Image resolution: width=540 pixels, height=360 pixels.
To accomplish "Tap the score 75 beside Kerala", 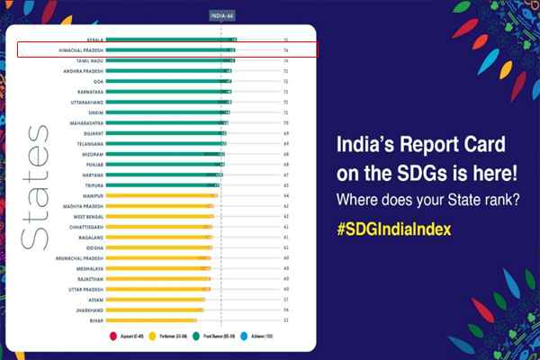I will point(285,40).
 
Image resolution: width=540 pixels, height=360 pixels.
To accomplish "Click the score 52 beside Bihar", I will point(285,319).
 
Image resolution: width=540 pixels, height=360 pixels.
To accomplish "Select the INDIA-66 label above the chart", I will point(221,15).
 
